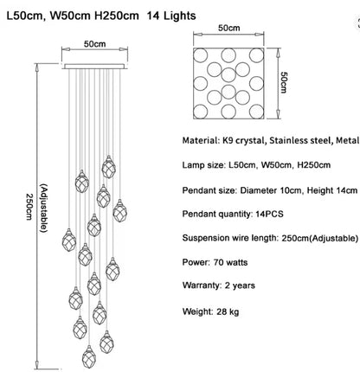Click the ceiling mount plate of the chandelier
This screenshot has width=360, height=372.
94,67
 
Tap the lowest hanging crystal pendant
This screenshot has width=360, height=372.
89,356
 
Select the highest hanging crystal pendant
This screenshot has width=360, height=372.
109,167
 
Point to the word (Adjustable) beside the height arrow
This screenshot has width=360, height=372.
43,208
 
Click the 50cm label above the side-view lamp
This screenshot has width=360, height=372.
94,44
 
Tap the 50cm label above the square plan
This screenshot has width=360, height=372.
228,28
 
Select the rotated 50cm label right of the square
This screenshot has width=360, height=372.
284,82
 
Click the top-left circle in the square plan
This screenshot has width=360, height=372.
200,55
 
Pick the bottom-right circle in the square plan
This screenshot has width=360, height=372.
256,112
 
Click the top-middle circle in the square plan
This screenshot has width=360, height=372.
228,55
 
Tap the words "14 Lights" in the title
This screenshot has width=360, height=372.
171,16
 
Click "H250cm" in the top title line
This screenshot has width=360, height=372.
117,16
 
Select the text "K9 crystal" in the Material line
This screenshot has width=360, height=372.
243,140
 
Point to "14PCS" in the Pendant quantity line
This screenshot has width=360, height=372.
269,214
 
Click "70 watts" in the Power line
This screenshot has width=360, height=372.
230,262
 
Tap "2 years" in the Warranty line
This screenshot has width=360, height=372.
240,285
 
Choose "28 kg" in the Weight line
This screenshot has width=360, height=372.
228,311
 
